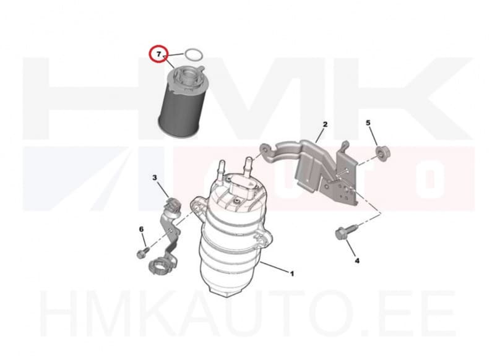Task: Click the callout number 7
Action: tap(159, 54)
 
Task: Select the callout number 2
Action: tap(325, 124)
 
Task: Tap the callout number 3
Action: tap(155, 178)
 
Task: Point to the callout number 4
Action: tap(357, 261)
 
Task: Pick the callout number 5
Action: tap(369, 124)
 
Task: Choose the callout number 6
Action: tap(141, 229)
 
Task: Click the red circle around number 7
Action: tap(159, 54)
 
